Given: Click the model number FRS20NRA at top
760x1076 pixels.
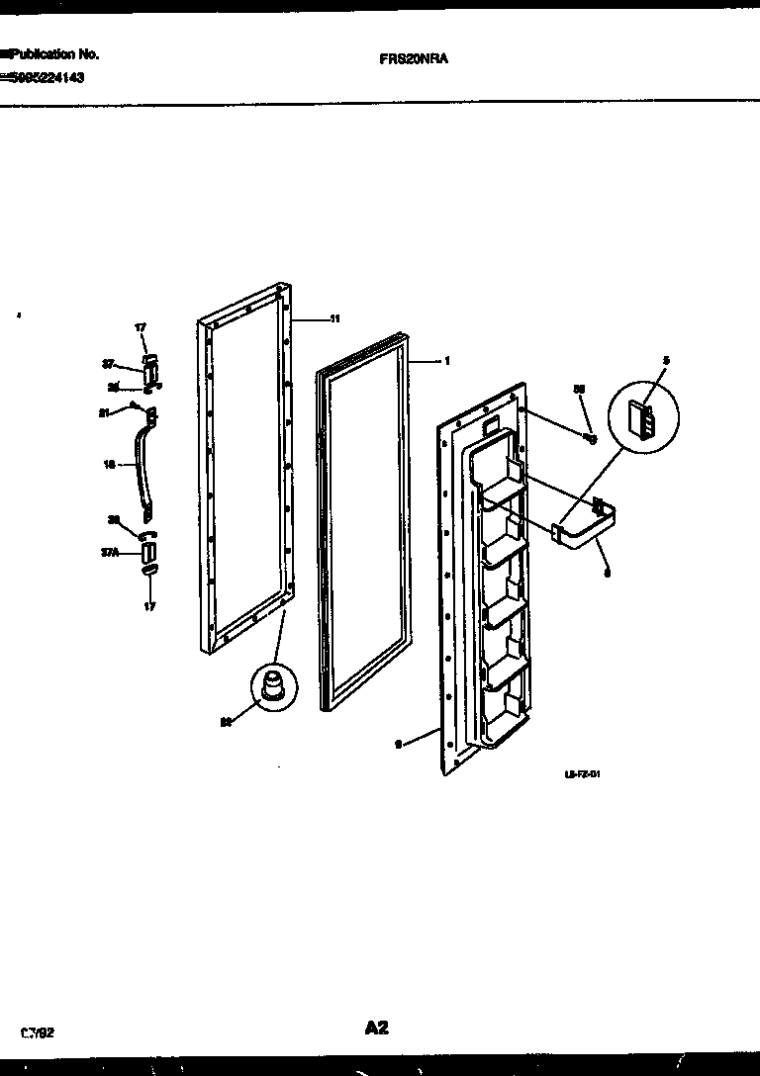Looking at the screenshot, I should point(414,58).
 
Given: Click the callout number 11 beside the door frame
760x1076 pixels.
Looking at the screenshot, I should point(334,318).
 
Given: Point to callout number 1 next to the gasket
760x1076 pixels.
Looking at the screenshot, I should point(447,361).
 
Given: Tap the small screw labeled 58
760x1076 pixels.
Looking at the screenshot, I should point(590,437).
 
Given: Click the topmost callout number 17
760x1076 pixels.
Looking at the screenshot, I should point(140,326).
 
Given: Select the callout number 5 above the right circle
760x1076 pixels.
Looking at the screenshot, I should point(666,362).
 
